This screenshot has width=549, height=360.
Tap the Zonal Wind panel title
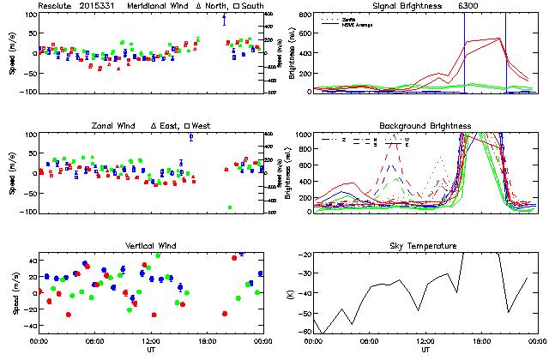115,126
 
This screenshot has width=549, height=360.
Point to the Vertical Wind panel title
149,246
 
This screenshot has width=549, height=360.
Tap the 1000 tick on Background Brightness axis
300,135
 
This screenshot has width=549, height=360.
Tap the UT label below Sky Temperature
425,350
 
